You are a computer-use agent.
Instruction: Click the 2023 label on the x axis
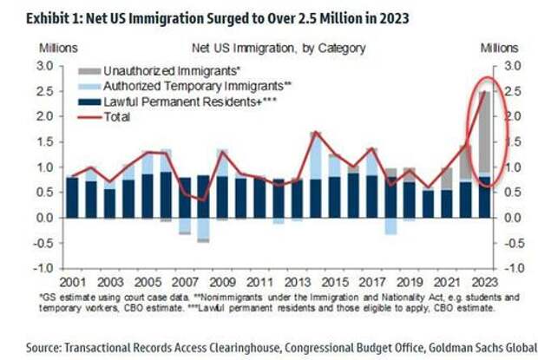[x=484, y=283]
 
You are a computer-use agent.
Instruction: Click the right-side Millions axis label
[x=502, y=48]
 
